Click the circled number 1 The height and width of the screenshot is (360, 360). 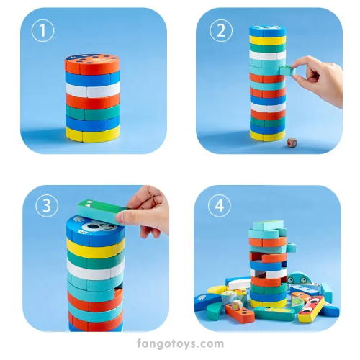[42, 30]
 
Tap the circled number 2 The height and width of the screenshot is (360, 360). [221, 30]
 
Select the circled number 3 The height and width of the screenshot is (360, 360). [47, 205]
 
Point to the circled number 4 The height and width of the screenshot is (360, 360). [219, 205]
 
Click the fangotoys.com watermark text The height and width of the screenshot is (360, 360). [180, 344]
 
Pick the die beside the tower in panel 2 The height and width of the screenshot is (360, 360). [292, 143]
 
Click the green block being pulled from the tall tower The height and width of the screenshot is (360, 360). [287, 71]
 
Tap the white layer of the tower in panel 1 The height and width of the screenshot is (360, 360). [93, 89]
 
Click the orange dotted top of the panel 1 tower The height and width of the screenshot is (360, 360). [92, 63]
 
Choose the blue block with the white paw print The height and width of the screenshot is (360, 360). [204, 301]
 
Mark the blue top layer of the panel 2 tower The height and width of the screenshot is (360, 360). [267, 31]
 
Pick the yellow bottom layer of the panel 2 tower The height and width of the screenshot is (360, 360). [268, 135]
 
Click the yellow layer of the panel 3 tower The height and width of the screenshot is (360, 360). [96, 248]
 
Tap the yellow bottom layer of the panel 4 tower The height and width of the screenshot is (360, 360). [268, 303]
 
